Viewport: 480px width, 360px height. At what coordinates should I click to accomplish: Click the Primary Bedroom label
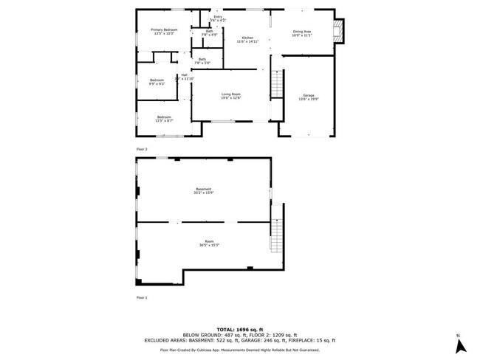coord(164,32)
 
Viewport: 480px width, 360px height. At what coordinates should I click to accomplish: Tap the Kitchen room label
coord(248,40)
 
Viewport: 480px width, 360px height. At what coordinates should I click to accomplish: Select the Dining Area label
coord(302,32)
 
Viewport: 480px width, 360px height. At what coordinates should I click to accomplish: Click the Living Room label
coord(232,95)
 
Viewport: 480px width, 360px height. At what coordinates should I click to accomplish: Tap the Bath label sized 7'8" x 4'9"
coord(209,32)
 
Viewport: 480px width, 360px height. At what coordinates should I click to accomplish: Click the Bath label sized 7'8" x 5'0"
coord(202,60)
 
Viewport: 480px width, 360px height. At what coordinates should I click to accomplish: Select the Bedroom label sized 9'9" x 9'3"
coord(157,82)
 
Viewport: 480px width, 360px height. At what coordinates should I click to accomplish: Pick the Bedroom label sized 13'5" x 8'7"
coord(163,119)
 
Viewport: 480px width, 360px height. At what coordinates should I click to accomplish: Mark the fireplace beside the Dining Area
coord(340,30)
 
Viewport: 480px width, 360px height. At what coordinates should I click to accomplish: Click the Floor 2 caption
coord(142,149)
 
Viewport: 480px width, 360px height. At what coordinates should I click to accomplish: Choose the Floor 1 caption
coord(142,297)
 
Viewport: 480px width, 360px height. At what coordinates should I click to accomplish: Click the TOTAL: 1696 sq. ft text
coord(240,328)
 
